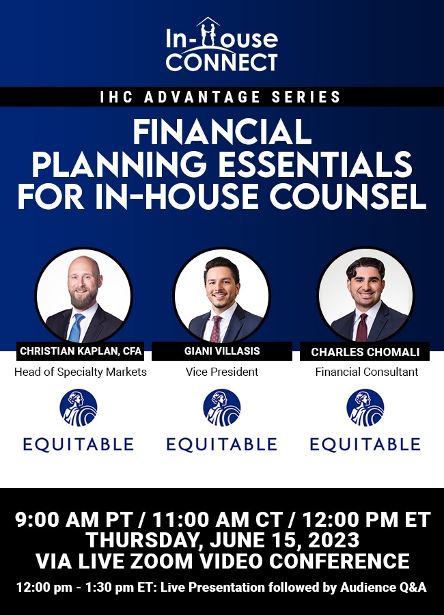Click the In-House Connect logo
coord(221,44)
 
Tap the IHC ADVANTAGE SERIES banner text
coord(221,97)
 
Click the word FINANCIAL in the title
coord(222,132)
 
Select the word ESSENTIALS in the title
coord(315,165)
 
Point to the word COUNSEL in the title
coord(348,197)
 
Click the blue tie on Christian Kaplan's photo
coord(76,327)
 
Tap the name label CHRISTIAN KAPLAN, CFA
coord(81,351)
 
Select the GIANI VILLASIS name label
coord(222,351)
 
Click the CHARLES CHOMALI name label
coord(365,352)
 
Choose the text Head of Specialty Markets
coord(81,372)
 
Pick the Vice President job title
coord(222,372)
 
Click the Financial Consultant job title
coord(367,372)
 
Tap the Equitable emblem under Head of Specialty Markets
coord(79,407)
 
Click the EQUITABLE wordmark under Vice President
coord(222,444)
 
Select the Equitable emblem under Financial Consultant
coord(365,407)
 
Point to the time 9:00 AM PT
coord(73,520)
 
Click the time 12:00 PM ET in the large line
coord(366,520)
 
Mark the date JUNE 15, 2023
coord(284,540)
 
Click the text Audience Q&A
coord(383,588)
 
